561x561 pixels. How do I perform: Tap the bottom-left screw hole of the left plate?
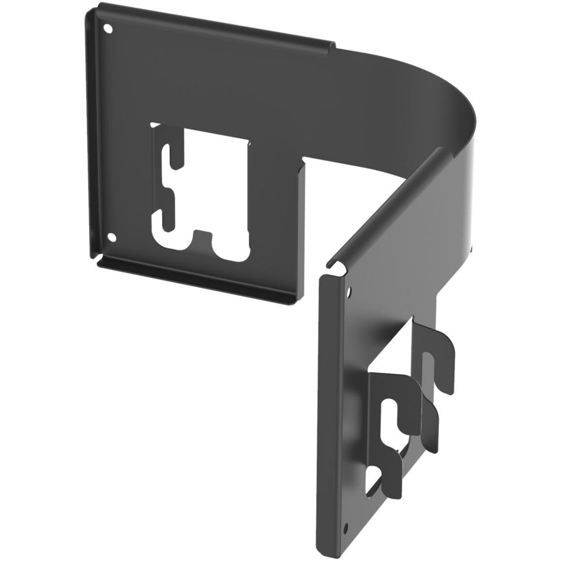(x=112, y=237)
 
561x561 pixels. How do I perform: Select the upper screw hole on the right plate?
(x=348, y=290)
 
